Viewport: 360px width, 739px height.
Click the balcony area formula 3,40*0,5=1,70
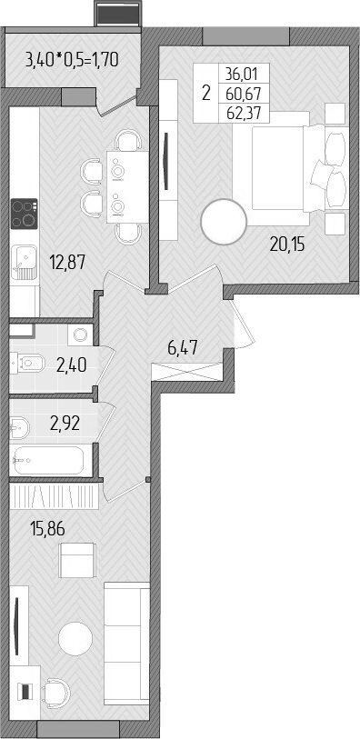pyautogui.click(x=73, y=62)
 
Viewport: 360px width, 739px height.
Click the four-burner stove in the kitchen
pyautogui.click(x=25, y=215)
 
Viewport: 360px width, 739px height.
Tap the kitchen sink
pyautogui.click(x=25, y=262)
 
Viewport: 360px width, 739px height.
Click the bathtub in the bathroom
pyautogui.click(x=49, y=460)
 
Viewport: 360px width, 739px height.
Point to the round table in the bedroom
pyautogui.click(x=224, y=223)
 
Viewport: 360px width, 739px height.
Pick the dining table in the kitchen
pyautogui.click(x=118, y=188)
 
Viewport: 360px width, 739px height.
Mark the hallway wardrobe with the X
pyautogui.click(x=189, y=374)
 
